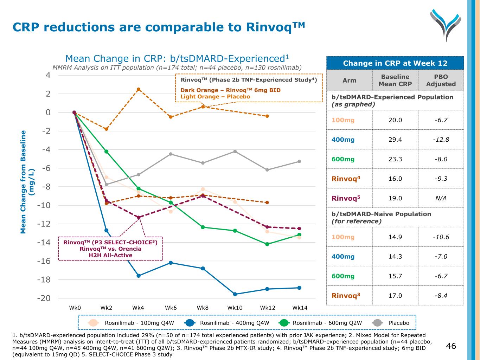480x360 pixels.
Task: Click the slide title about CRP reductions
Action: [159, 27]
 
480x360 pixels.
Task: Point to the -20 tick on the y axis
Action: [44, 298]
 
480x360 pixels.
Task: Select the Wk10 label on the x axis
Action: [235, 308]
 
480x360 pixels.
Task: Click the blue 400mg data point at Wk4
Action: [139, 276]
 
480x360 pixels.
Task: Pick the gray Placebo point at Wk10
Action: [235, 151]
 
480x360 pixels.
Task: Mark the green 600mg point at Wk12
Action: [267, 244]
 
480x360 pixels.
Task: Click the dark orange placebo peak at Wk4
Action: [139, 89]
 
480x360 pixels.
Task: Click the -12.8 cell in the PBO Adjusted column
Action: [441, 140]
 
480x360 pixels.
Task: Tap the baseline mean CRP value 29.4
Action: [395, 140]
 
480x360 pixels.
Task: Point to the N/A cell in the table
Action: [441, 198]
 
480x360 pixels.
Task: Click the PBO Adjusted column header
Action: [441, 81]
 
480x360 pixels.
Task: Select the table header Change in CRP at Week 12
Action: [395, 63]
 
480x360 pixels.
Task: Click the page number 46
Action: [451, 346]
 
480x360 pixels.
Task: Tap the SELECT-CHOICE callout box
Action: [110, 249]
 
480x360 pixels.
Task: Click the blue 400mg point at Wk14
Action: [299, 288]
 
